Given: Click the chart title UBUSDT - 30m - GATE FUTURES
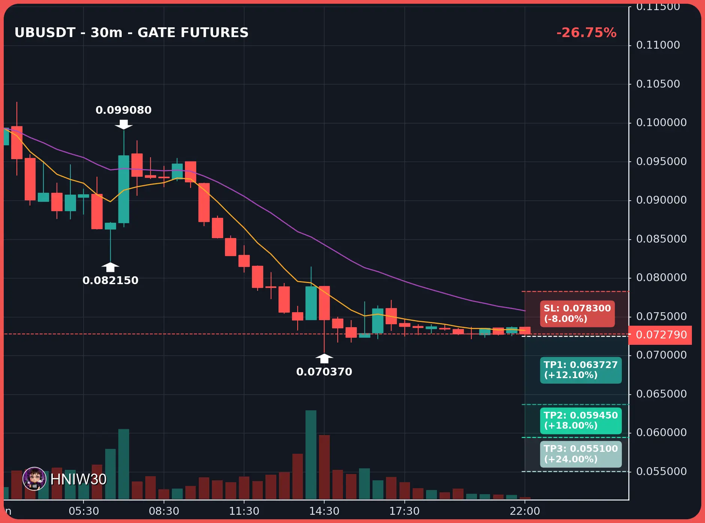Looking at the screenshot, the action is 131,33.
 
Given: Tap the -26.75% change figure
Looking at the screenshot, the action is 586,33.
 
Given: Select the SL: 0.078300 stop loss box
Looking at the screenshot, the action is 577,314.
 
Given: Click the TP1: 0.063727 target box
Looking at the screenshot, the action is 581,370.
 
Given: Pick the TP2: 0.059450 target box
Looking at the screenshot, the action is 581,420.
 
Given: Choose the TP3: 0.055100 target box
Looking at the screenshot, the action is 581,454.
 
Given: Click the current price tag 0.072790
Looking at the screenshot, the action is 661,335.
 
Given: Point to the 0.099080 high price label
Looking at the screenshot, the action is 124,110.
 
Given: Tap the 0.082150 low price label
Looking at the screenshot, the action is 110,280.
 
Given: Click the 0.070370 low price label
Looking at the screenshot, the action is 324,372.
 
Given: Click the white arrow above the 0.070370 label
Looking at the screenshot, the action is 324,358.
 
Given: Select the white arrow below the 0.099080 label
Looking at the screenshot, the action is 124,125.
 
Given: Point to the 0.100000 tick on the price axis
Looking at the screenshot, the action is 661,122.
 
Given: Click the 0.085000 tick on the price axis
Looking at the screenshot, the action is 661,239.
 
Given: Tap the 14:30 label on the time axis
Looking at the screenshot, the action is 324,511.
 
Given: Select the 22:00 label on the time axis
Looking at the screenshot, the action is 525,511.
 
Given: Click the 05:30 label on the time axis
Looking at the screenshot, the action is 84,511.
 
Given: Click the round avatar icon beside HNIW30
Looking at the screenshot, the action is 34,479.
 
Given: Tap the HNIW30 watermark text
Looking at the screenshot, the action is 78,479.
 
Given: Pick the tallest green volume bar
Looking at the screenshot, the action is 311,455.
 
